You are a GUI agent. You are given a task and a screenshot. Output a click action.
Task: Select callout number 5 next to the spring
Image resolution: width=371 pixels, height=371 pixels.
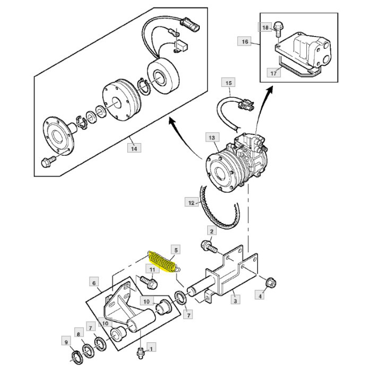176,249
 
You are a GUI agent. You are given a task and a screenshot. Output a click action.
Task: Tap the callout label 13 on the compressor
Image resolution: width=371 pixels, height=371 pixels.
212,138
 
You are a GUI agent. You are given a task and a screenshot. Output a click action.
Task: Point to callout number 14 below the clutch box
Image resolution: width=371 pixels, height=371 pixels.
134,148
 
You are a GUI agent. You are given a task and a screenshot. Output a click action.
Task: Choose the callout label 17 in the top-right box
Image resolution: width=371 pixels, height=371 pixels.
273,73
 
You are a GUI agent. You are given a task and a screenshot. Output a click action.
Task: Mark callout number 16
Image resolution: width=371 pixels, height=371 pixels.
244,41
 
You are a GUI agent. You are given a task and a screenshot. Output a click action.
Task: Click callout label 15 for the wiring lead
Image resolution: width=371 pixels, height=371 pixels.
228,83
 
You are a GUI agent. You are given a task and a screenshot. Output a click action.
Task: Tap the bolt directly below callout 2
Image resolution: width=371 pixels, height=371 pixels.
207,245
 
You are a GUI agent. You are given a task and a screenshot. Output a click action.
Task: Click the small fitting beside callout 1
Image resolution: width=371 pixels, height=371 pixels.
140,350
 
